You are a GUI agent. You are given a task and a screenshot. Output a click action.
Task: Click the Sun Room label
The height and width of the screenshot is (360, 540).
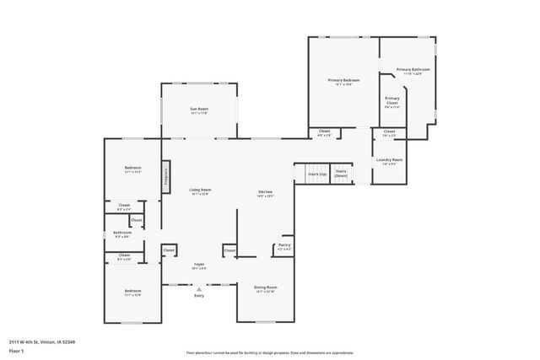click(x=198, y=110)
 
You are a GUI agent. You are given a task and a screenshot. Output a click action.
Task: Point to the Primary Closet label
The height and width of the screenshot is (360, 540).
click(x=392, y=103)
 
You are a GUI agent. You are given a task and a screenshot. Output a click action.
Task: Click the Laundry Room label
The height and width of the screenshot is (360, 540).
click(x=389, y=161)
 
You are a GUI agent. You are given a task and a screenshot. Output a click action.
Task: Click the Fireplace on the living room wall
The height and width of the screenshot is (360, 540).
click(x=166, y=176)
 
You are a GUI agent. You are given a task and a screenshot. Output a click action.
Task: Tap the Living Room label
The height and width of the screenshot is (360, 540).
click(x=200, y=191)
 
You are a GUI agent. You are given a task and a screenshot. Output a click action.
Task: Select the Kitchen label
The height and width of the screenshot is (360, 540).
click(x=265, y=193)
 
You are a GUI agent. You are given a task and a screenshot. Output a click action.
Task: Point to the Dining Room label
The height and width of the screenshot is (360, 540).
click(x=266, y=289)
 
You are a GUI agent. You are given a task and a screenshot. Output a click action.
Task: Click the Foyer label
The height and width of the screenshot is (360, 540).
click(x=199, y=266)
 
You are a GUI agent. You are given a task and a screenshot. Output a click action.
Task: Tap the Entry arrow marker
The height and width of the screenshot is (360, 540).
click(x=199, y=288)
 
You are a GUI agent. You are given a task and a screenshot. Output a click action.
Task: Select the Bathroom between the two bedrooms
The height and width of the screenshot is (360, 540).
click(x=122, y=234)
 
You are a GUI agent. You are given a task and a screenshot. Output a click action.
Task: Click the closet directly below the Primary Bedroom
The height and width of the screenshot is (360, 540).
click(x=324, y=132)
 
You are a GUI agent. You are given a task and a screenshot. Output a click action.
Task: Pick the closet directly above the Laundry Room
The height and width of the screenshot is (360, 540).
click(x=389, y=132)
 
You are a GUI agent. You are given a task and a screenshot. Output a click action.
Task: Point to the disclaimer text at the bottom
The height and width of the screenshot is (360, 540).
click(x=269, y=353)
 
